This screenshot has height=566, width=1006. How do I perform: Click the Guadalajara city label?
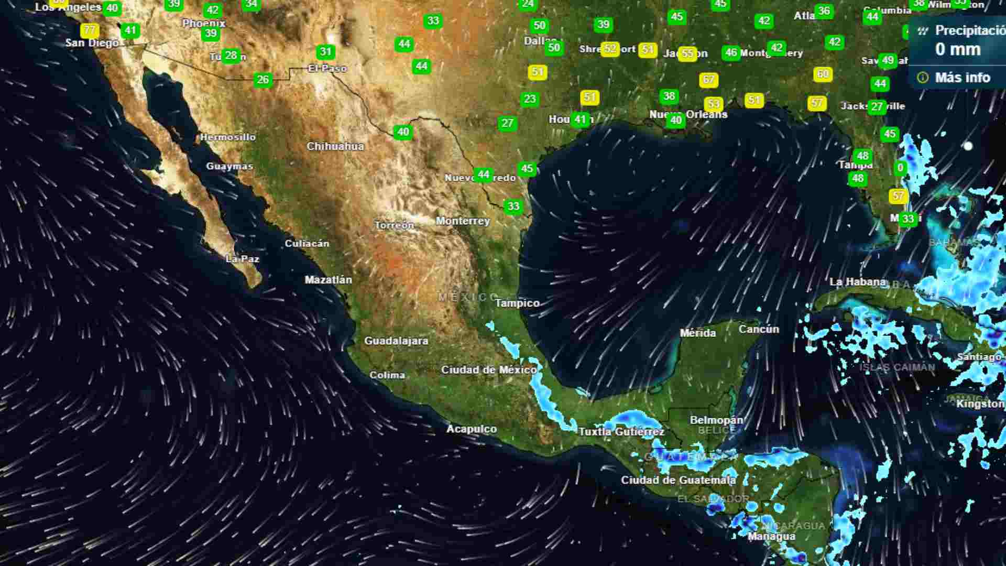(x=396, y=341)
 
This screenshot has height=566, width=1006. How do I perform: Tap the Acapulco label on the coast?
(x=472, y=429)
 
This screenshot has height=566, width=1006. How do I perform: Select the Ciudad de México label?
(x=489, y=370)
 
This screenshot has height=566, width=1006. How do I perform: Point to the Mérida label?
(x=697, y=333)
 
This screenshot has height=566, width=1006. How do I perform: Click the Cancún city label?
(x=759, y=330)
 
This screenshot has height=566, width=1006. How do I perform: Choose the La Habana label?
(x=857, y=282)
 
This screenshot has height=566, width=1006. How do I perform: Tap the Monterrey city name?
(x=463, y=221)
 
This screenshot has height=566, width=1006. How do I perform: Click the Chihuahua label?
(x=335, y=147)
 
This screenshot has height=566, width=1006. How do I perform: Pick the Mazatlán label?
(x=329, y=280)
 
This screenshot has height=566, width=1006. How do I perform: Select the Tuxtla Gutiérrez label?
(x=621, y=432)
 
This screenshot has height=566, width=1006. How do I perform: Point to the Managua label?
(x=771, y=537)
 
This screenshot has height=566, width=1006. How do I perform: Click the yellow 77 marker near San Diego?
(x=90, y=30)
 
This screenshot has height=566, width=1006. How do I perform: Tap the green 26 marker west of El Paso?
(x=263, y=80)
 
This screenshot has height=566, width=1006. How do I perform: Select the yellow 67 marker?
(x=708, y=80)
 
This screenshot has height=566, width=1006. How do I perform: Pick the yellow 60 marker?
(x=823, y=74)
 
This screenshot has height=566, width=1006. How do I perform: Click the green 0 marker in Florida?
(x=900, y=168)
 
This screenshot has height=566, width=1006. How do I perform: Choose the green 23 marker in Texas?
(x=530, y=99)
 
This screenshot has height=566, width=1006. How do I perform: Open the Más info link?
(x=963, y=78)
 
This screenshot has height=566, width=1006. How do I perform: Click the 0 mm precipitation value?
(x=958, y=50)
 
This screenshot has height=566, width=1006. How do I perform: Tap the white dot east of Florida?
(x=968, y=146)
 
